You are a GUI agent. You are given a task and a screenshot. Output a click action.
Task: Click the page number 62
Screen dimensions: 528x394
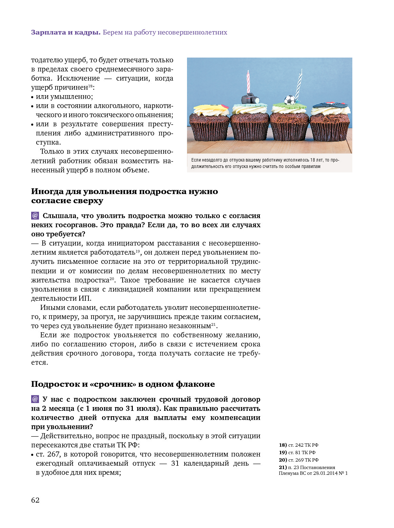point(35,500)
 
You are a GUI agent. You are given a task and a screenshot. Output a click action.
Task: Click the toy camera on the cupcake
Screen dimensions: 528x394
point(250,99)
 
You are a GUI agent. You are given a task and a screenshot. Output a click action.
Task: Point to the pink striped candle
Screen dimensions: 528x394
point(248,82)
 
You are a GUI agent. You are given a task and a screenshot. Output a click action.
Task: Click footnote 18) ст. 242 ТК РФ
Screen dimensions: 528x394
point(298,445)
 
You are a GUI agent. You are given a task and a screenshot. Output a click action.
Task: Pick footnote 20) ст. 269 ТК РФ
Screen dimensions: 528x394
point(298,460)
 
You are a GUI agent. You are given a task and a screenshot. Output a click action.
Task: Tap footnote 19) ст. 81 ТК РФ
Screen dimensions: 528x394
point(297,452)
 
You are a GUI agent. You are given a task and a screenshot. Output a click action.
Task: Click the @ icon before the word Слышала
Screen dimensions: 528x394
point(35,216)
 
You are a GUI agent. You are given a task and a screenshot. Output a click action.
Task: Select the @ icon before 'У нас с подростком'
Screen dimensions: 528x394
point(35,399)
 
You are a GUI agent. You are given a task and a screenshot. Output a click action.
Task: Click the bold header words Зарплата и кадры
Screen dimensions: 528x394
point(66,33)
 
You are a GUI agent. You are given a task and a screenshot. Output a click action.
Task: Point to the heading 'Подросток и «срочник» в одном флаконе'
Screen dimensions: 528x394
point(123,384)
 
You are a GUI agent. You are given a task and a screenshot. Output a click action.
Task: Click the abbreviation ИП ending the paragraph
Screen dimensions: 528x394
point(85,298)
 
